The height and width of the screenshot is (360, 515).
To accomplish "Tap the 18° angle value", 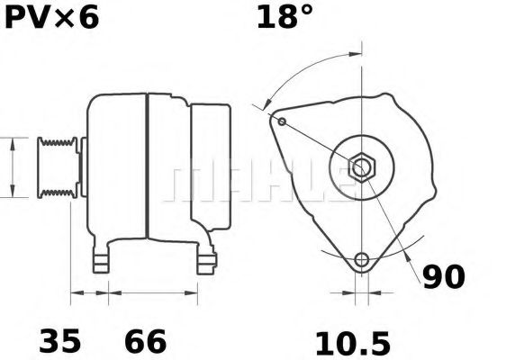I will tap(287, 17).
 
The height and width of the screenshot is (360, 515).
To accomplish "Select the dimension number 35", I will tap(59, 341).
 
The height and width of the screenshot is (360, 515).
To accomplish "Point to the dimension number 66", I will tap(145, 341).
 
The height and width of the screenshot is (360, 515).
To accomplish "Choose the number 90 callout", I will tap(444, 277).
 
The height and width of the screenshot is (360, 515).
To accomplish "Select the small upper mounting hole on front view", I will tap(283, 121).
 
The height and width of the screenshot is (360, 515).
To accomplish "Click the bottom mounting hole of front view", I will tap(362, 260).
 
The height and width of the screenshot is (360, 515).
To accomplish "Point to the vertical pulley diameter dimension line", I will tap(11, 167).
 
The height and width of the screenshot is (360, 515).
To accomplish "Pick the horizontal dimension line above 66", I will tap(153, 292).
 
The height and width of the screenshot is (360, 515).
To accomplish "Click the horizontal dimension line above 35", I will tap(89, 292).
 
